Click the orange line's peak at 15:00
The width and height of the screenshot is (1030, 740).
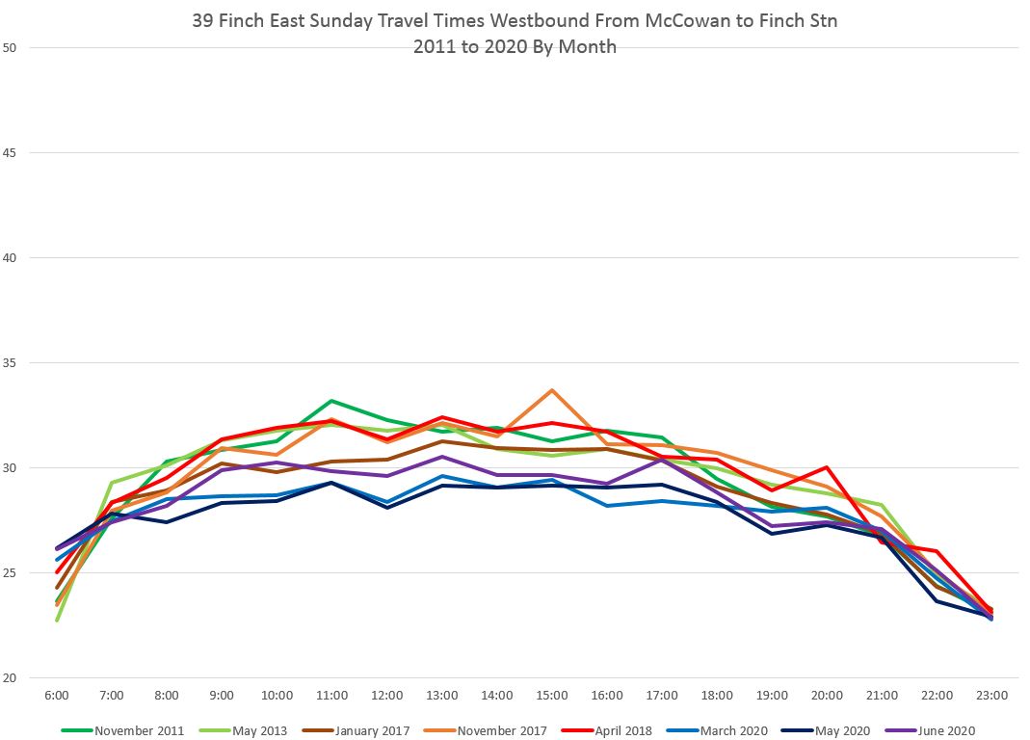pos(552,390)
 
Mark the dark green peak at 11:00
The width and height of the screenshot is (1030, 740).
pos(330,401)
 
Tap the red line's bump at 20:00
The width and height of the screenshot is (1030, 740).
pos(827,467)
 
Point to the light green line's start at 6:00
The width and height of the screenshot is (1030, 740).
pos(57,620)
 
